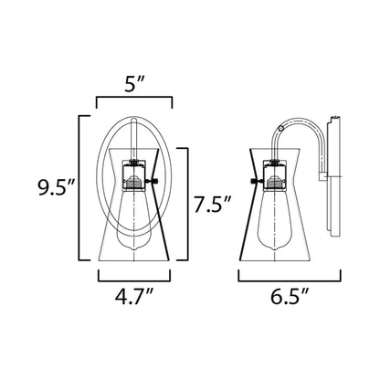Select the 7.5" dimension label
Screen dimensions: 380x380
coord(213,204)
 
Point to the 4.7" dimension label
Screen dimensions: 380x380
coord(133,296)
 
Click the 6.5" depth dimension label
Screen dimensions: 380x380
coord(290,296)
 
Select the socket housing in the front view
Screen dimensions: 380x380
coord(134,175)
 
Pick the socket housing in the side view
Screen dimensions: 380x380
coord(275,175)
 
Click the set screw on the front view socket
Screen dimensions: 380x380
coord(152,182)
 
